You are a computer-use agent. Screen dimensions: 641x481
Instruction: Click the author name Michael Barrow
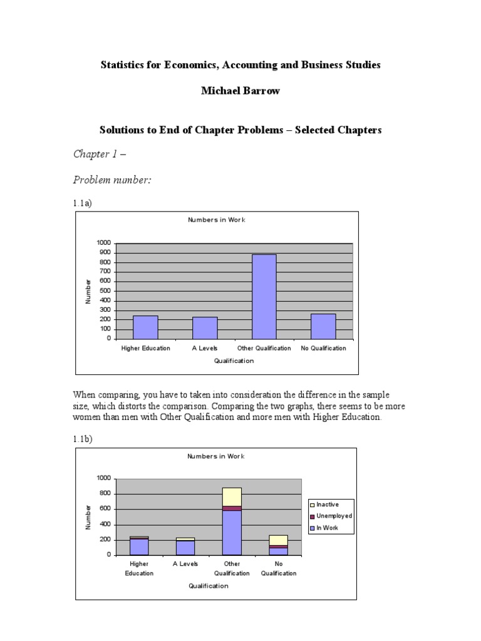tap(240, 91)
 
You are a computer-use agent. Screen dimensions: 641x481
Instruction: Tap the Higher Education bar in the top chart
tap(145, 327)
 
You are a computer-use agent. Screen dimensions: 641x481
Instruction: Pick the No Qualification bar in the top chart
tap(323, 326)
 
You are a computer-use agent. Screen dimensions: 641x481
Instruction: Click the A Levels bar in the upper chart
tap(205, 327)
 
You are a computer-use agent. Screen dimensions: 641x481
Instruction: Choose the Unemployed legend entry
tap(331, 516)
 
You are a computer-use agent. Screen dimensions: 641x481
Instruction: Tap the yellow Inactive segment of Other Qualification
tap(232, 496)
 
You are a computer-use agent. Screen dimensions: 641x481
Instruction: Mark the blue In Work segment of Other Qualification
tap(232, 533)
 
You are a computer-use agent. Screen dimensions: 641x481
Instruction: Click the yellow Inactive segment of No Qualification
tap(279, 540)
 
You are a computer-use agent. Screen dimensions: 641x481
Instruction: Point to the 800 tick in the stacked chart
tap(104, 493)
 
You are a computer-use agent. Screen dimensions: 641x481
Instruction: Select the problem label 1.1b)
tap(83, 440)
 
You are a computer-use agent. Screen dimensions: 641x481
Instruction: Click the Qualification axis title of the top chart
tap(234, 361)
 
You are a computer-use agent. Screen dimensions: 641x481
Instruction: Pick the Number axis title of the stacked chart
tap(88, 517)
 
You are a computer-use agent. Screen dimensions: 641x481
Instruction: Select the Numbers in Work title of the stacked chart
tap(216, 456)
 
